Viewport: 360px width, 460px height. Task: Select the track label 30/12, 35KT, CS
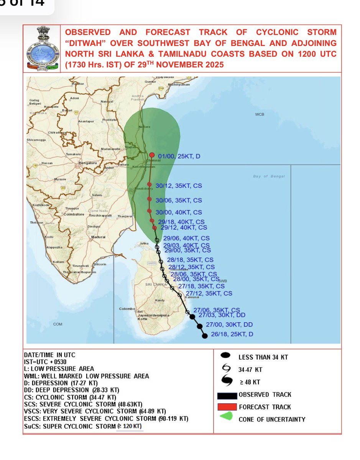click(179, 186)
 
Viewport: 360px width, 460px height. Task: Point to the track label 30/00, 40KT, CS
click(179, 212)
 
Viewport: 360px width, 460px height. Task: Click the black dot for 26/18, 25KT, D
click(205, 336)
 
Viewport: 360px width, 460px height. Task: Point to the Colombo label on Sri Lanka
click(127, 309)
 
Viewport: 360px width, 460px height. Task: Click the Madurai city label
click(98, 237)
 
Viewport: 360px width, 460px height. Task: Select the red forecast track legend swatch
click(227, 407)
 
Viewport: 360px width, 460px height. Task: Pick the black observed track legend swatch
click(227, 395)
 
